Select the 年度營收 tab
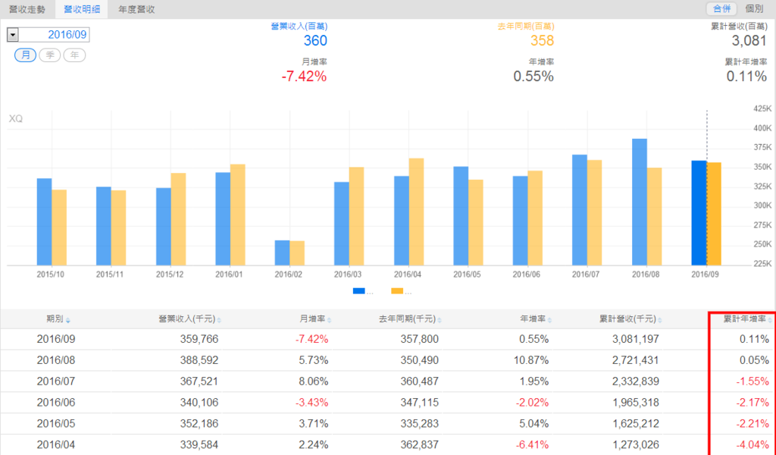tap(136, 9)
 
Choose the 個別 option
tap(754, 9)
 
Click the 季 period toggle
tap(50, 55)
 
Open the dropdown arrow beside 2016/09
tap(13, 35)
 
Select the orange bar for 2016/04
tap(416, 212)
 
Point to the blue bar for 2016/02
tap(282, 253)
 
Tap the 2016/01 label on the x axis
tap(229, 274)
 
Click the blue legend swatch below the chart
tap(359, 291)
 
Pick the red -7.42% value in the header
tap(304, 77)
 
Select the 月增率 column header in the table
tap(312, 319)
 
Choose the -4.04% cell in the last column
tap(753, 444)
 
